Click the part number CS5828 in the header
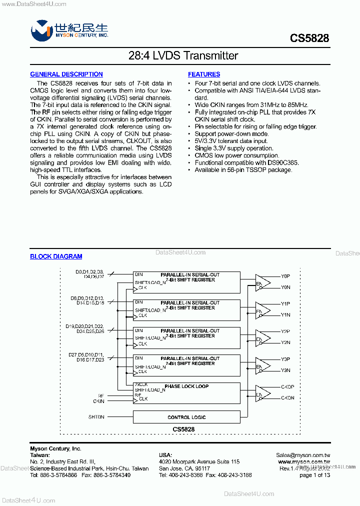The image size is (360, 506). point(309,38)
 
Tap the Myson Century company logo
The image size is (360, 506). point(42,31)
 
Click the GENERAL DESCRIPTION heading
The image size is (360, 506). point(66,74)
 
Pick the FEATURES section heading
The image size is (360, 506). point(204,74)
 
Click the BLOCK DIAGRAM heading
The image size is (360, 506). point(56,256)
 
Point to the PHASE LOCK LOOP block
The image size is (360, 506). point(186,386)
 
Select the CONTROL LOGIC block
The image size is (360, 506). point(186,417)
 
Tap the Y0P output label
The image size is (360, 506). point(285,276)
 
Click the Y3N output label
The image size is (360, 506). point(285,370)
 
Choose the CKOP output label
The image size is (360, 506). point(287,387)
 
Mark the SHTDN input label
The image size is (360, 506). point(96,417)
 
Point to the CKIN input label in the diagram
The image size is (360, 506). point(98,401)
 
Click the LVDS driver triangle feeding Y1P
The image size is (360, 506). point(262,309)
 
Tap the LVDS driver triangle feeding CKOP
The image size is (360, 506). point(262,393)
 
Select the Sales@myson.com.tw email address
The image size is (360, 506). point(303,455)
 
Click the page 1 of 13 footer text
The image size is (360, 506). point(314,475)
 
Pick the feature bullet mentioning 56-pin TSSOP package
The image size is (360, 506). point(243,170)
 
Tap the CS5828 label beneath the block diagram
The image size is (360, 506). point(183,429)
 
